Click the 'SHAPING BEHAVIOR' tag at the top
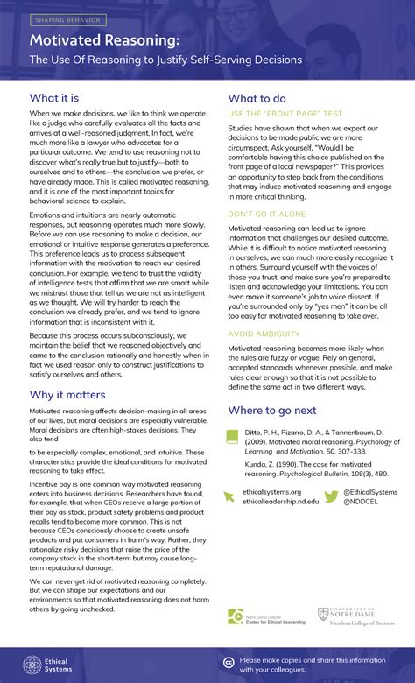click(68, 19)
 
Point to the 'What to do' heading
click(257, 98)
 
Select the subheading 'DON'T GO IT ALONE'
click(268, 213)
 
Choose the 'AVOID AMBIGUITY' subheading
click(264, 334)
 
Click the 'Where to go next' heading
click(285, 410)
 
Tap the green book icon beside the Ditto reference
click(232, 437)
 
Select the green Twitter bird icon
click(331, 496)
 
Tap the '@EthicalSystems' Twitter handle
click(372, 492)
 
